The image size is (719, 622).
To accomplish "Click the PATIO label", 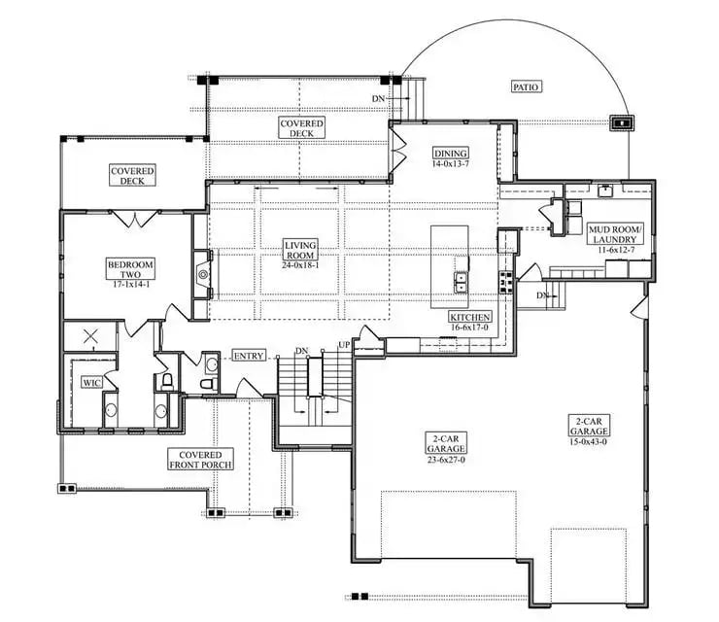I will tap(526, 87).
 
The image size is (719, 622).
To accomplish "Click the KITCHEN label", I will tap(470, 318).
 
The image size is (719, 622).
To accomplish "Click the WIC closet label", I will tap(91, 383).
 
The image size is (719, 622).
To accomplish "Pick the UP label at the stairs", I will tap(343, 346).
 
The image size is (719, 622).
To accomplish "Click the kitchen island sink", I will tap(460, 282).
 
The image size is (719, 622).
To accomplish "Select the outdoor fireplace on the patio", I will tap(619, 123).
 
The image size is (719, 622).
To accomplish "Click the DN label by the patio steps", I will tap(379, 98).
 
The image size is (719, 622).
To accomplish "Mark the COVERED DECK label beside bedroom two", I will tap(132, 175).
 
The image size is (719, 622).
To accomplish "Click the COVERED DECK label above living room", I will tap(301, 128).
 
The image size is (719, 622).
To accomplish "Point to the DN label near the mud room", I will tap(541, 294).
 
